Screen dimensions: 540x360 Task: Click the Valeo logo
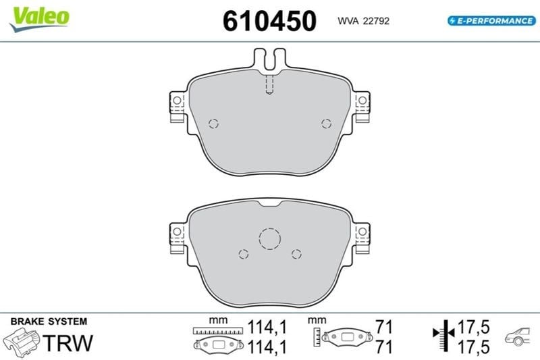point(39,19)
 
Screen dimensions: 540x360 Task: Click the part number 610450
point(269,21)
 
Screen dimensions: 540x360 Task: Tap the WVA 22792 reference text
point(363,21)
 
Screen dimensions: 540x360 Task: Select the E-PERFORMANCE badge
point(491,21)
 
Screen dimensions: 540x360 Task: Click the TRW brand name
point(68,342)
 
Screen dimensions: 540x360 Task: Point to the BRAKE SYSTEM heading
point(49,322)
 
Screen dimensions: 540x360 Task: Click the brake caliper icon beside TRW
point(22,342)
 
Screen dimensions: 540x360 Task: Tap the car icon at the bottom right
point(517,336)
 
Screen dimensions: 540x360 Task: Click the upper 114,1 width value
point(267,327)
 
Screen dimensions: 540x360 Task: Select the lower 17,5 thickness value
point(473,346)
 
